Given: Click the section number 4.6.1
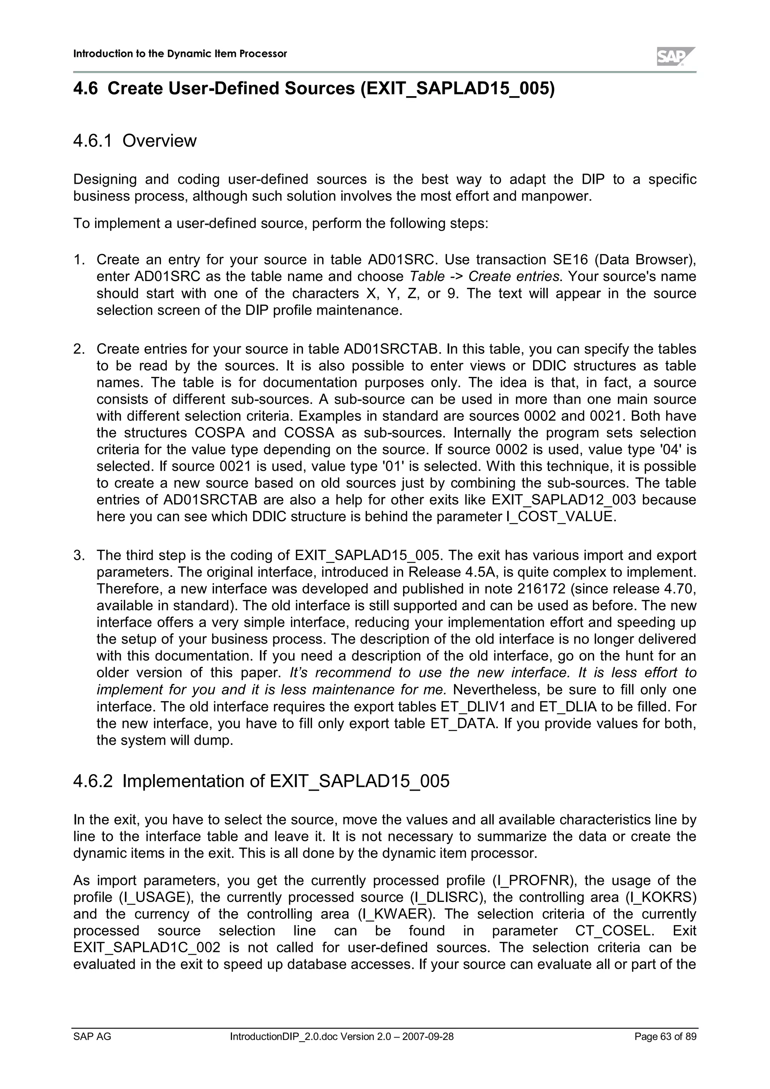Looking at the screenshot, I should click(92, 141).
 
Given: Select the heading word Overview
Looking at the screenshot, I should click(159, 141).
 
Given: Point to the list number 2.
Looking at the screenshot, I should click(78, 349).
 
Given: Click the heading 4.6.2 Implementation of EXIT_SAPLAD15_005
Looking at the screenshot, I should click(261, 781).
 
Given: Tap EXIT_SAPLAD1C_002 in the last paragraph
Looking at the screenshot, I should click(147, 948).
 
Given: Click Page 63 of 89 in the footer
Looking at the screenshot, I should click(665, 1037).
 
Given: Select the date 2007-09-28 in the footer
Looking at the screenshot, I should click(427, 1037).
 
